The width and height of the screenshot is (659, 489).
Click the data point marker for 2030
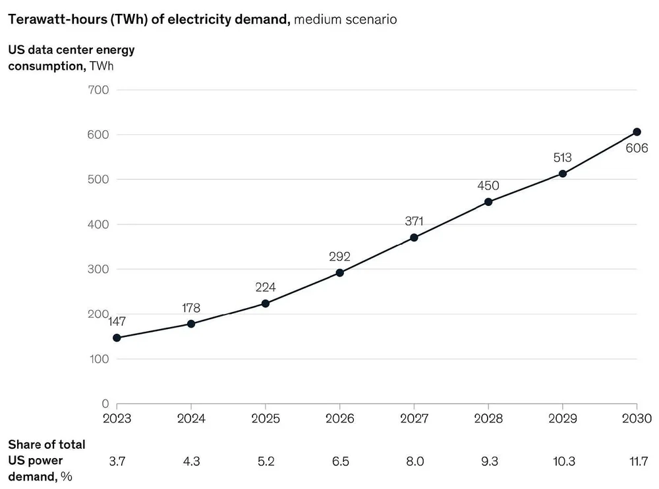[637, 132]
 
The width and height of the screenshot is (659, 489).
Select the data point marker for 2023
[117, 338]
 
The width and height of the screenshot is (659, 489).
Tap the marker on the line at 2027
[414, 238]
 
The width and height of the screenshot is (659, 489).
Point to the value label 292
[339, 256]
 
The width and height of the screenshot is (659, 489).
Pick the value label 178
[191, 307]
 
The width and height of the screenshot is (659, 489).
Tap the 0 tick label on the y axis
[105, 403]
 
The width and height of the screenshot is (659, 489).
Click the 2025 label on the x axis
[265, 419]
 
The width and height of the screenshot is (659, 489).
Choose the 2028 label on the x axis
[488, 419]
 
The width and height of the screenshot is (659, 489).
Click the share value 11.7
[637, 462]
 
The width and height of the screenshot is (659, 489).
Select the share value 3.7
[117, 462]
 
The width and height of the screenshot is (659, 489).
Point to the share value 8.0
[414, 462]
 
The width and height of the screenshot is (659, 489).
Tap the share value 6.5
[339, 462]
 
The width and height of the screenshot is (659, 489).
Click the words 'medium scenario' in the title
[345, 19]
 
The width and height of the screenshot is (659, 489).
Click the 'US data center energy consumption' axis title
[71, 57]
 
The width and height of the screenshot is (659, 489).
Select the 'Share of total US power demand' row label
[46, 461]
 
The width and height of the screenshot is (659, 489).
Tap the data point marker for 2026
[339, 272]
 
